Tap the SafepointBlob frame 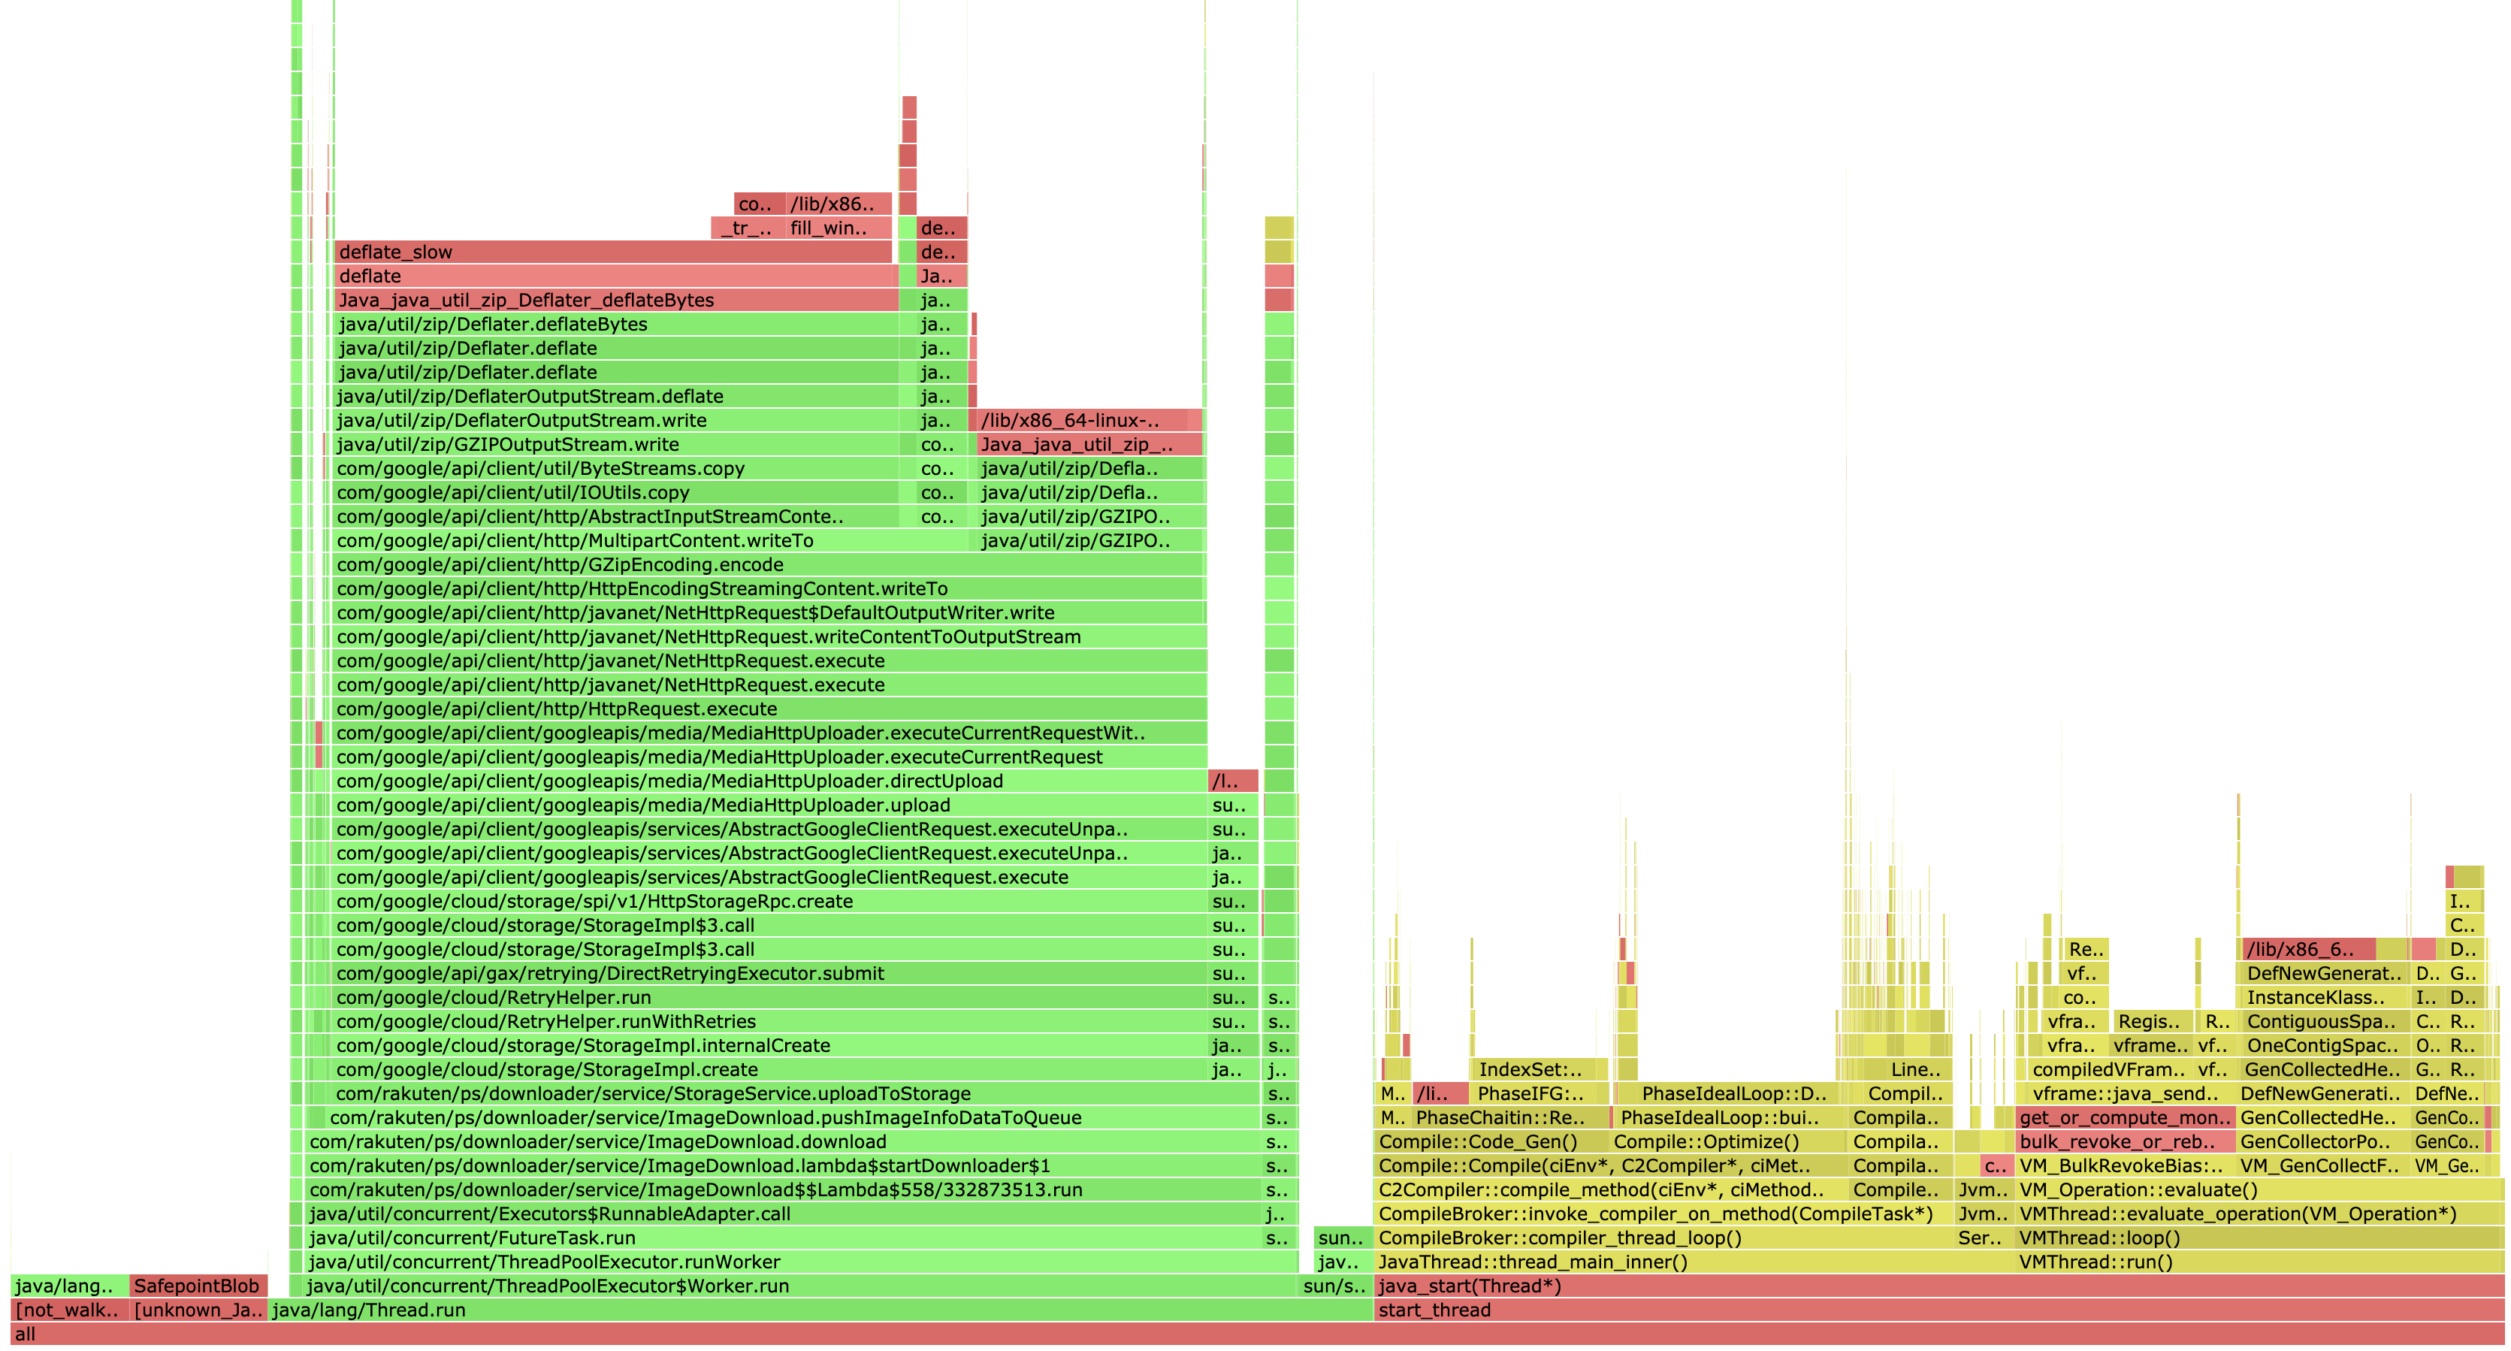tap(197, 1286)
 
